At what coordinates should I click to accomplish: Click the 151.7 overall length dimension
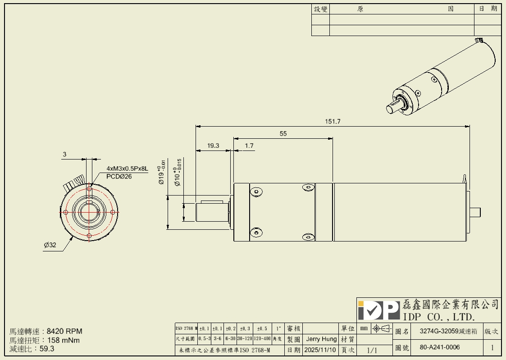(333, 122)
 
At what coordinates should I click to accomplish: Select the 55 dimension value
(283, 134)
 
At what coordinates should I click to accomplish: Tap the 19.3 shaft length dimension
(213, 146)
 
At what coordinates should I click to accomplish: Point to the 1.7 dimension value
(249, 146)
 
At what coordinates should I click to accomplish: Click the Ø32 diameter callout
(50, 246)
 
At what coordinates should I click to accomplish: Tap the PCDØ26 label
(119, 177)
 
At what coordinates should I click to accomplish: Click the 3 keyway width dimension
(64, 155)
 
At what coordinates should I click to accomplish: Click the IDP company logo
(378, 310)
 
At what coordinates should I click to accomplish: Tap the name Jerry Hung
(321, 339)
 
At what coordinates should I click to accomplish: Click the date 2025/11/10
(320, 350)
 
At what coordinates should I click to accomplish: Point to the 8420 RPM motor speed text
(64, 331)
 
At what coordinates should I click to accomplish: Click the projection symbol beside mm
(381, 329)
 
